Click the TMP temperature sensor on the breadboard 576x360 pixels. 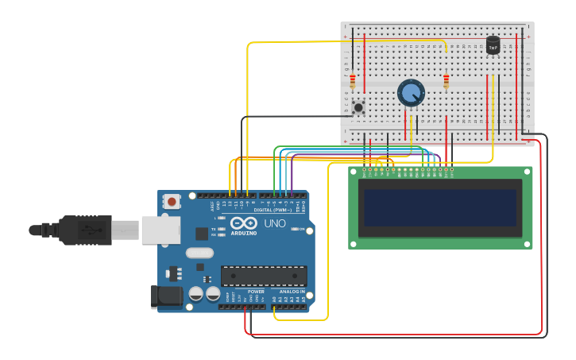[493, 46]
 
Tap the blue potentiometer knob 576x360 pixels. [411, 93]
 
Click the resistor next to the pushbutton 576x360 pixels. [353, 81]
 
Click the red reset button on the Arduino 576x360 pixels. [172, 202]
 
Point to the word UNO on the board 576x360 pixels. [274, 224]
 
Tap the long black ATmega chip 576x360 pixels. [264, 276]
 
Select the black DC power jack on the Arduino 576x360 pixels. [164, 296]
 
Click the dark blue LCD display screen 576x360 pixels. [440, 207]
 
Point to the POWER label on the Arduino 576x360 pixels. [256, 292]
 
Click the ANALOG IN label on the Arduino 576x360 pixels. [292, 292]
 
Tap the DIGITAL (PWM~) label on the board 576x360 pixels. [273, 210]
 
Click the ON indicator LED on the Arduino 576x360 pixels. [293, 230]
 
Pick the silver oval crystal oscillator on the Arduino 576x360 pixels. [199, 254]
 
